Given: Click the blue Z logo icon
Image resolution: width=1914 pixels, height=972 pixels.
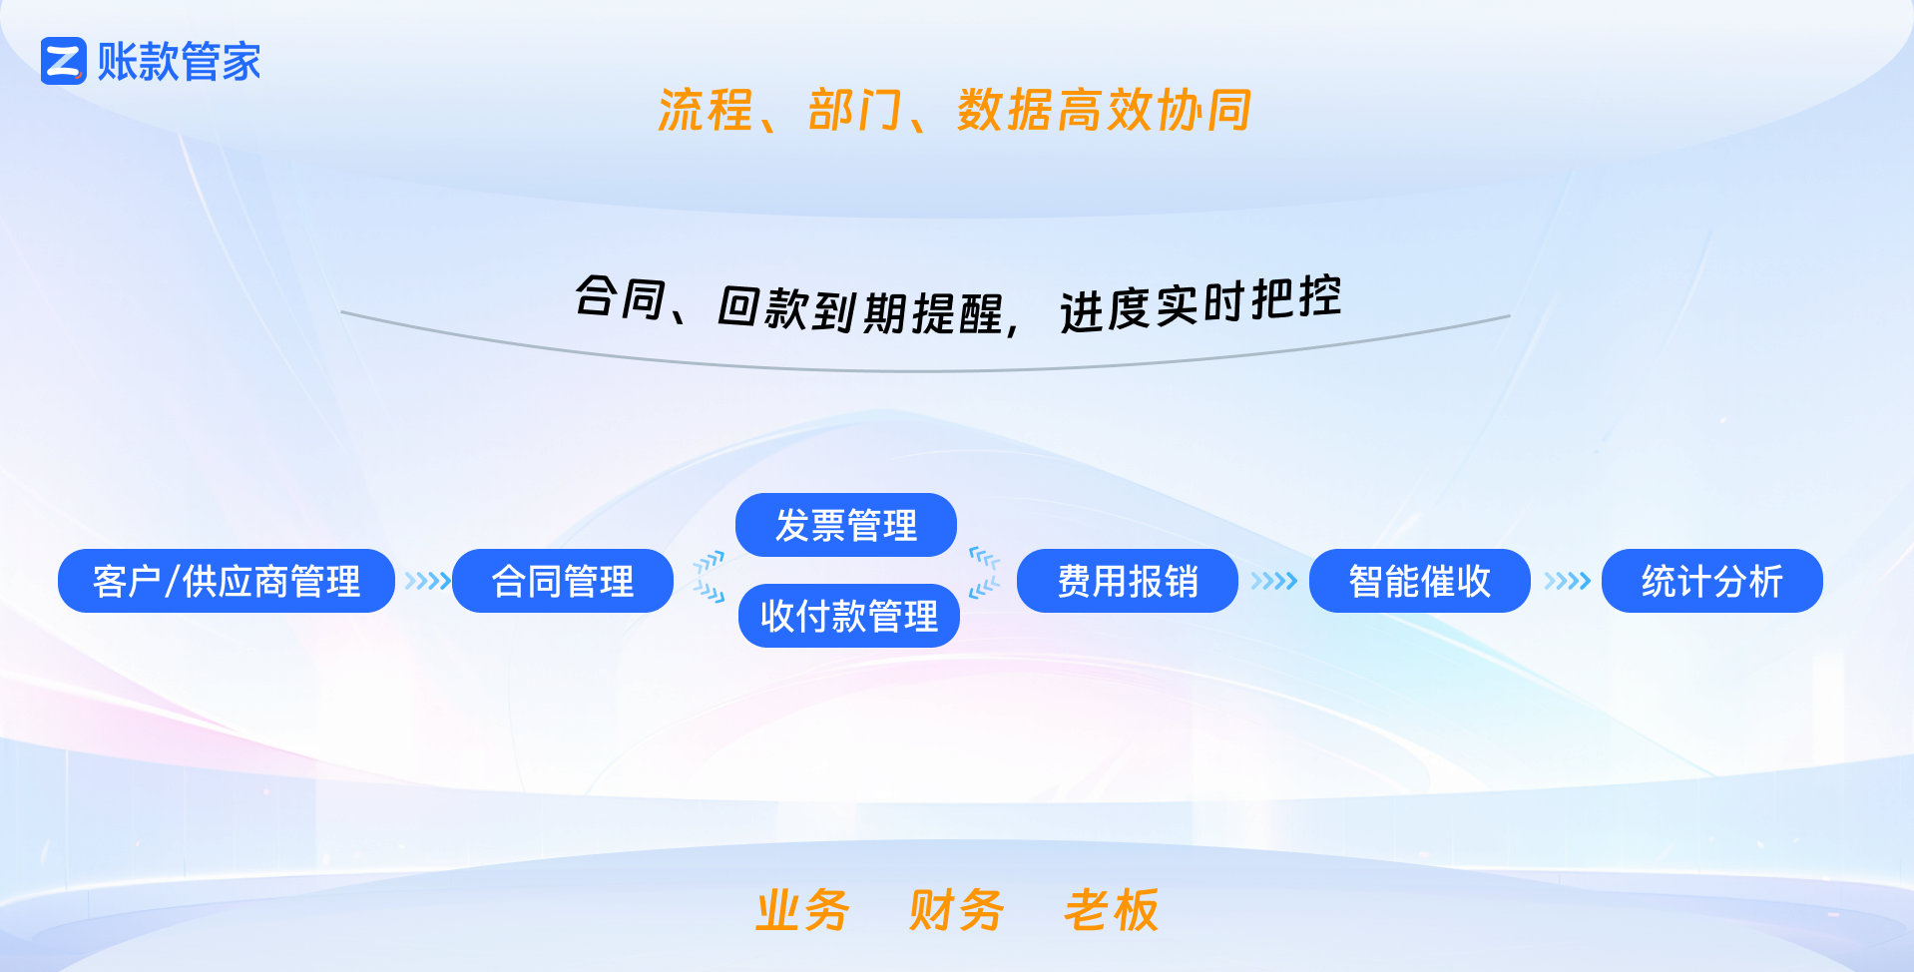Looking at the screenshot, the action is click(64, 61).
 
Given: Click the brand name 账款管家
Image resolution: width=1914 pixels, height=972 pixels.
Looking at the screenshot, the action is click(180, 62).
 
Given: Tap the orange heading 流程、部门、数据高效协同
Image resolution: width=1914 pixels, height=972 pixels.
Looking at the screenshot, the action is click(955, 110).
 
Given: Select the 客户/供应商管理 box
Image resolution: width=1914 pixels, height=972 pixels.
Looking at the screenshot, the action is click(227, 581).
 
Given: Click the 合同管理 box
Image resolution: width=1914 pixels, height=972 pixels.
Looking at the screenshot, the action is click(563, 581).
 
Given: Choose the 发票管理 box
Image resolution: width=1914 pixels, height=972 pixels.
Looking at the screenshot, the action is click(846, 525).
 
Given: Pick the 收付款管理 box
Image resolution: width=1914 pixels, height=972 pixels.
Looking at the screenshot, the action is click(849, 616).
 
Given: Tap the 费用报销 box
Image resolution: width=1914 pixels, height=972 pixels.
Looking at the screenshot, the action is click(1128, 581).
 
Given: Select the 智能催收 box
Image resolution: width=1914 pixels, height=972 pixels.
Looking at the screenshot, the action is click(1420, 581).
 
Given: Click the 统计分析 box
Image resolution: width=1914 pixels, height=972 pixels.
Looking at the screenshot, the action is click(1712, 581).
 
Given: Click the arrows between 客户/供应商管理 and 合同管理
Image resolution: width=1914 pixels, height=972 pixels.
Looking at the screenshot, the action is click(427, 581).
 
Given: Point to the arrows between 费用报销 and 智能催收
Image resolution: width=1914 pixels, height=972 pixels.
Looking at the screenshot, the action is click(1273, 581).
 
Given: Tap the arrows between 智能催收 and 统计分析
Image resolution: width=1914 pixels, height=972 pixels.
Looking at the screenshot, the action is click(1567, 581).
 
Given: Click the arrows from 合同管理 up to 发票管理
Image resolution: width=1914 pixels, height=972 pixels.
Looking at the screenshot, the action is click(710, 562).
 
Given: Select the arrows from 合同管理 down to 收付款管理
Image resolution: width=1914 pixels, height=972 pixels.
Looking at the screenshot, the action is click(710, 593).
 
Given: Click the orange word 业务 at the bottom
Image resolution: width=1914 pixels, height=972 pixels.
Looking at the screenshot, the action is click(802, 910).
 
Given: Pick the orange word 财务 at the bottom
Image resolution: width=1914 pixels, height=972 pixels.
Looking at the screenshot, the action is click(956, 910).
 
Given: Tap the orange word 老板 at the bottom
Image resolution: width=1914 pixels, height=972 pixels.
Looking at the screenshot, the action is click(1111, 910).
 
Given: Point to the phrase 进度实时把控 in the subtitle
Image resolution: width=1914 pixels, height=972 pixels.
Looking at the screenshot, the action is click(1200, 304).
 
